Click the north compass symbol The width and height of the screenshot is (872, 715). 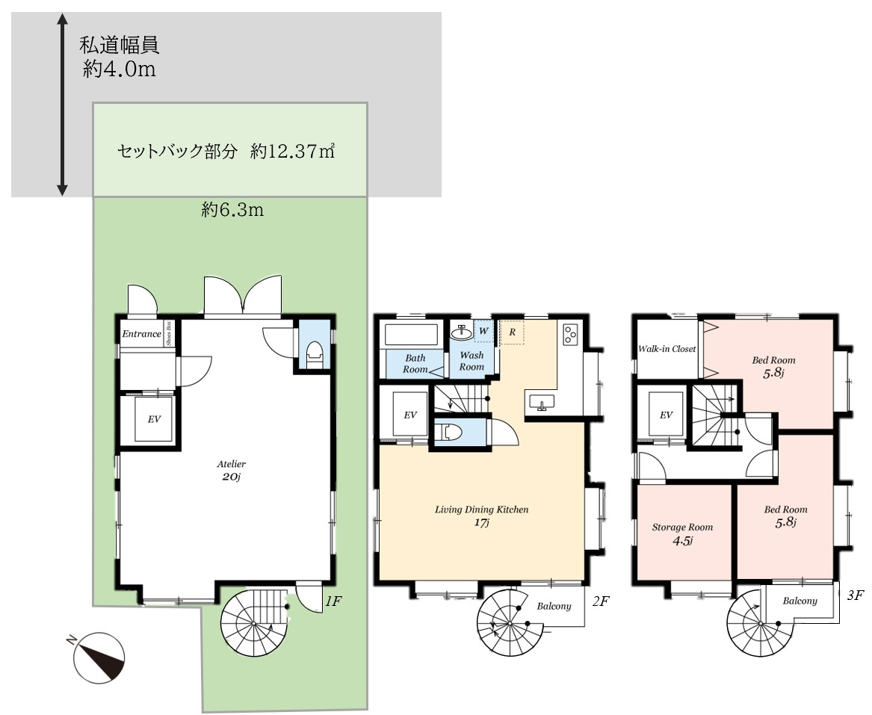coord(98,656)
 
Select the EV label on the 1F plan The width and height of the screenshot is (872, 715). coord(154,420)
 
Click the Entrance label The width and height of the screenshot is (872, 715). coord(141,334)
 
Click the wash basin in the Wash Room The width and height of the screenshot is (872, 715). coord(461,330)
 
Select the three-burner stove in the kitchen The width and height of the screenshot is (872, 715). coord(570,333)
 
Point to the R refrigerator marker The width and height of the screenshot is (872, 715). coord(512,330)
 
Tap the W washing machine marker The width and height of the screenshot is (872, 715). coord(483,329)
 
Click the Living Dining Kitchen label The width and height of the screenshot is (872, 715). coord(482,516)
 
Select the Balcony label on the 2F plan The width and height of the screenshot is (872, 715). coord(554,607)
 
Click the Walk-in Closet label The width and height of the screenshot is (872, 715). coord(667,349)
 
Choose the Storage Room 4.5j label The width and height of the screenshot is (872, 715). coord(682,533)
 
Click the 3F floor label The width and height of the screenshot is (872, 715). coord(856,595)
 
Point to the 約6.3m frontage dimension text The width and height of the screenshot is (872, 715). coord(232,211)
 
